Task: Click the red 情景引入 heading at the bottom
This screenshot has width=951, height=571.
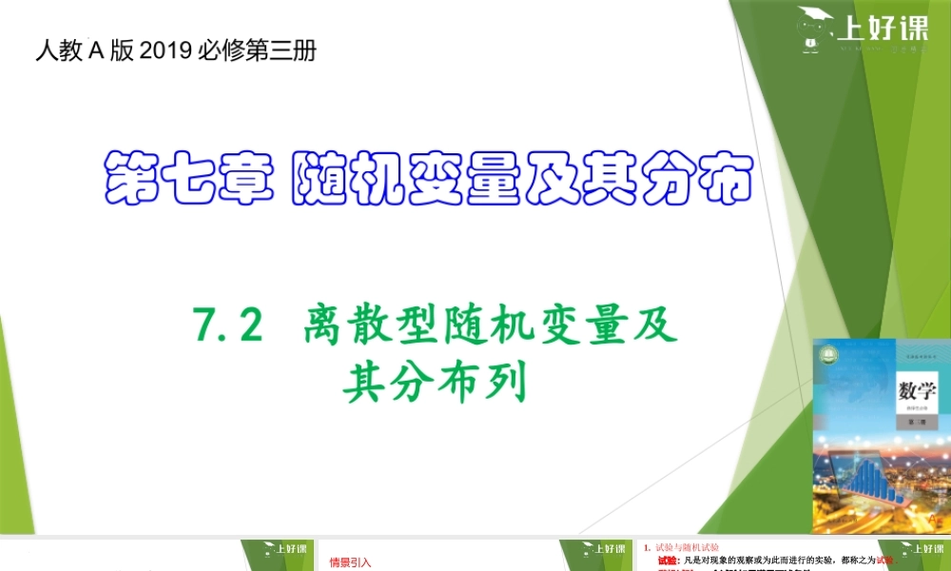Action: [350, 561]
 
